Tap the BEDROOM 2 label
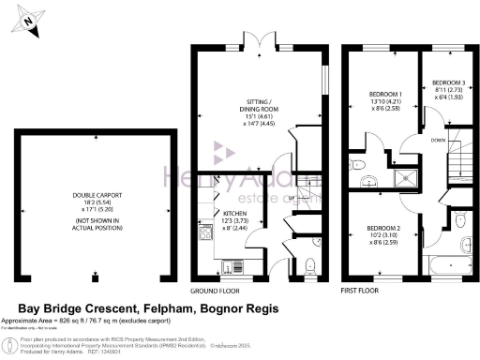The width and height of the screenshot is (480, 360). coord(385,229)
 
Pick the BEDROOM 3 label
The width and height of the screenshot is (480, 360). coord(446,83)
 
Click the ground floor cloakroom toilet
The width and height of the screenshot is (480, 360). coord(308,264)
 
